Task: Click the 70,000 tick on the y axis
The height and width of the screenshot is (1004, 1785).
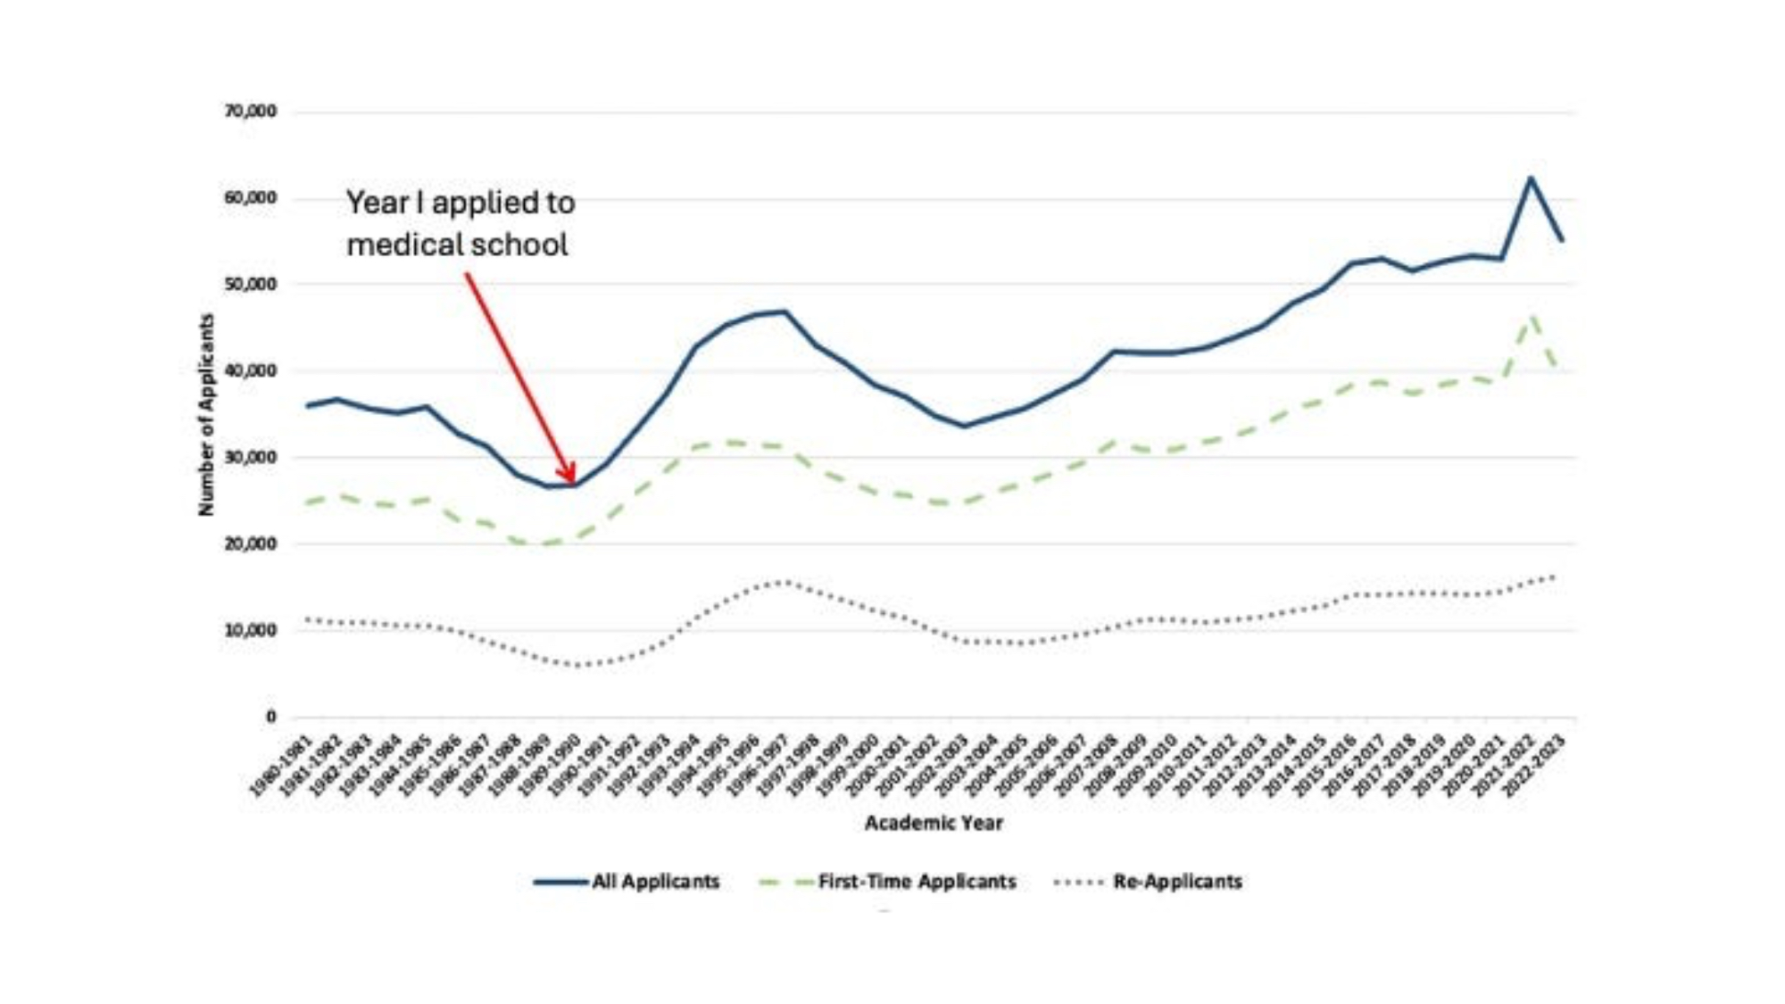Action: click(x=251, y=112)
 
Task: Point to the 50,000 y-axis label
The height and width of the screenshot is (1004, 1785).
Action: click(x=251, y=284)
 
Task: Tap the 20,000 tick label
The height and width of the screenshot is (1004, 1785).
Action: click(x=251, y=543)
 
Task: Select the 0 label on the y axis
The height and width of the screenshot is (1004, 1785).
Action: click(x=270, y=716)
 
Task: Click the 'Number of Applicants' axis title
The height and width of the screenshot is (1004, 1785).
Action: click(x=207, y=414)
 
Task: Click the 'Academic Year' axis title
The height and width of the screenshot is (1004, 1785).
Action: click(x=934, y=823)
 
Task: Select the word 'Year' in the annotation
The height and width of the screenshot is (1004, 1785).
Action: click(x=377, y=203)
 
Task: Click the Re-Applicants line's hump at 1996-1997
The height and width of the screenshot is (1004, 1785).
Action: click(x=784, y=582)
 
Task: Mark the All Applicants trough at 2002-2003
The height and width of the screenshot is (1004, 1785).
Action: click(x=964, y=426)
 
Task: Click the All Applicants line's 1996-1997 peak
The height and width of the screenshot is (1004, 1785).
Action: click(x=785, y=311)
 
